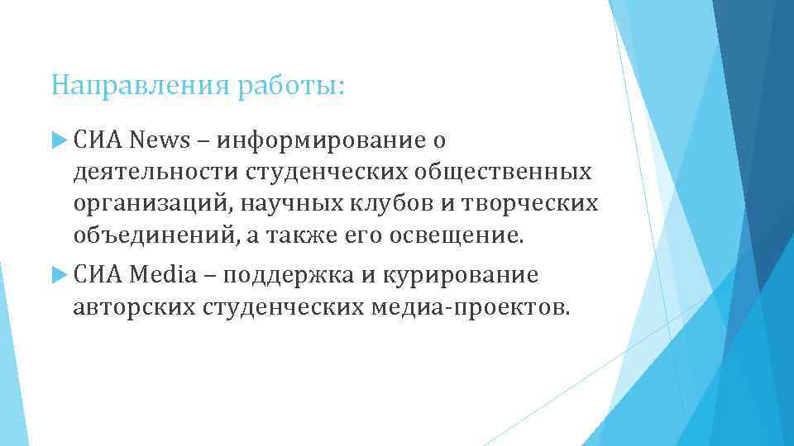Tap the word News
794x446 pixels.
(x=159, y=140)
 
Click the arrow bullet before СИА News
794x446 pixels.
(x=58, y=140)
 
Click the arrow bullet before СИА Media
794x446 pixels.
(x=58, y=274)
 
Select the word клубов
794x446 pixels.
(x=404, y=203)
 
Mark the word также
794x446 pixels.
(x=299, y=235)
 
